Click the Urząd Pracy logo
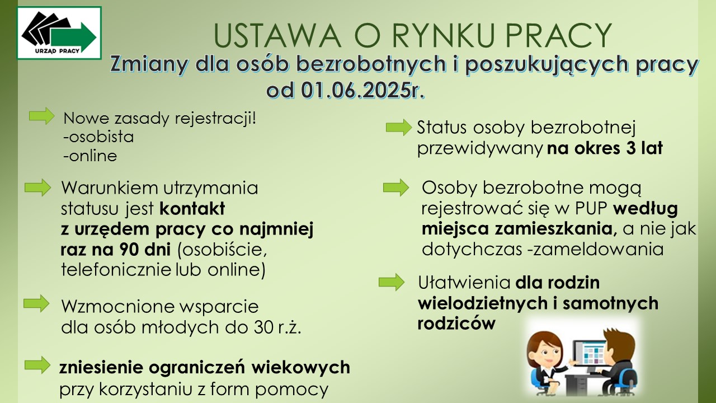click(x=59, y=33)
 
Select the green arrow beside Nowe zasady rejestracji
click(x=42, y=116)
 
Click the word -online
click(x=90, y=156)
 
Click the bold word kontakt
click(x=192, y=209)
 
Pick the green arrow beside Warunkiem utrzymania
click(x=37, y=188)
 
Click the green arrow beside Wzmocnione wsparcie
click(x=36, y=303)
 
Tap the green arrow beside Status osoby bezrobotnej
click(x=398, y=128)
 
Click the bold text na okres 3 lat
click(x=605, y=149)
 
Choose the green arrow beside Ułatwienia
click(x=392, y=282)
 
